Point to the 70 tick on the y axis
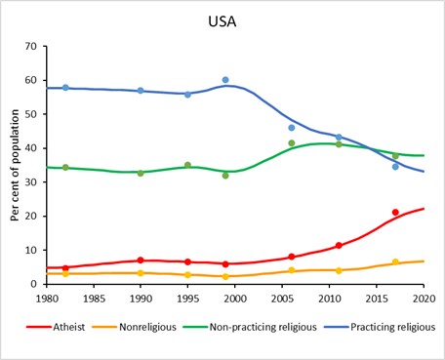30,47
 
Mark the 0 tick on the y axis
33,284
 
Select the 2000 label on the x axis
235,298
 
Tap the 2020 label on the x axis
424,298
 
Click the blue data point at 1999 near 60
225,80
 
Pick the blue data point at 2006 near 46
292,128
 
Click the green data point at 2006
292,143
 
